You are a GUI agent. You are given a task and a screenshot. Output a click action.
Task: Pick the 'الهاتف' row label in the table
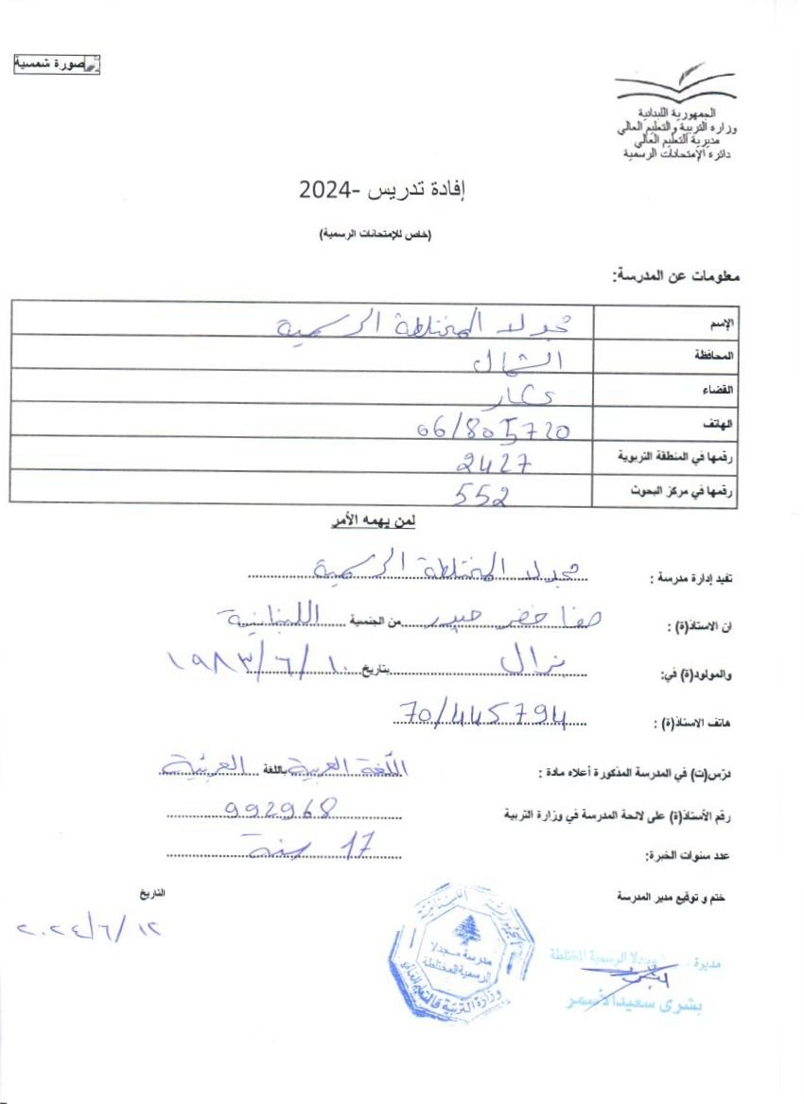click(x=724, y=422)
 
